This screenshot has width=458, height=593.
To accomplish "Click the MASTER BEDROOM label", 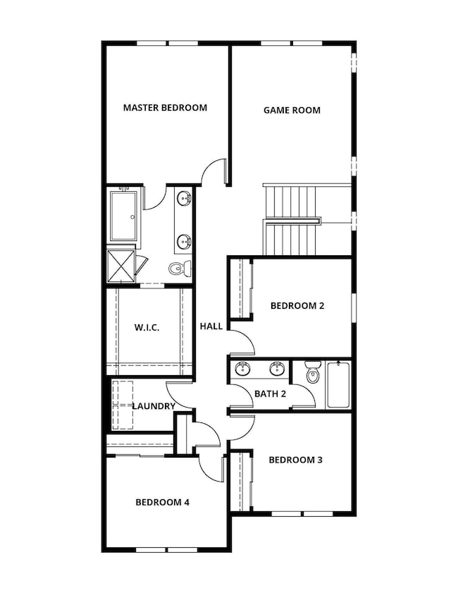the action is [165, 108].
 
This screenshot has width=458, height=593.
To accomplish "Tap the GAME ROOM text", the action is [292, 111].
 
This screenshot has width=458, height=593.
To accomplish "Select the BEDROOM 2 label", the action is [297, 305].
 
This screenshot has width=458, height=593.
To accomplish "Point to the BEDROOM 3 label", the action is [295, 460].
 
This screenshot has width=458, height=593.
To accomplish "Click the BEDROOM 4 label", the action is [163, 502].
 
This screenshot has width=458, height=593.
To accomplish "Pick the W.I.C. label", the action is [147, 327].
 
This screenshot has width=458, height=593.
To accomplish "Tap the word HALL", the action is [211, 326].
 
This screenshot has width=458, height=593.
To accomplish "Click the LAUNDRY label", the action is [154, 406].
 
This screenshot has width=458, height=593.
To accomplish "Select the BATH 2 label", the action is [270, 393].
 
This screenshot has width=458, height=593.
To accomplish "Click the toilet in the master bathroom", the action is [180, 269].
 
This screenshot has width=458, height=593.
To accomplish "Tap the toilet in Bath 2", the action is [313, 372].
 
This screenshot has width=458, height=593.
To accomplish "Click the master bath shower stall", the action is [121, 267].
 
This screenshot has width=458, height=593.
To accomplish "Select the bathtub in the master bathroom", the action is [123, 216].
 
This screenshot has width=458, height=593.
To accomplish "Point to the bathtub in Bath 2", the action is [338, 385].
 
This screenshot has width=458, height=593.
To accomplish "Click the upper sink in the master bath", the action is [185, 198].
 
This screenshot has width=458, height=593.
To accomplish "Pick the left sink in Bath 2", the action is [242, 369].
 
